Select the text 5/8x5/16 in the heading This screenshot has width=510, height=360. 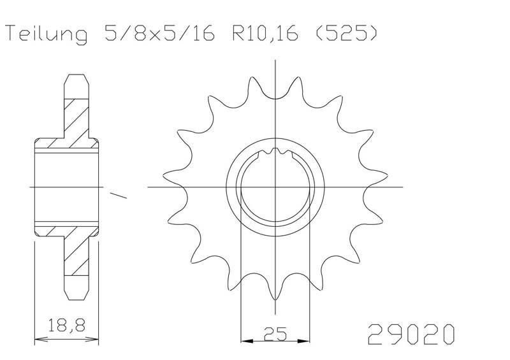(x=160, y=33)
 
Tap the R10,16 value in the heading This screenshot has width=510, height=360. (x=265, y=33)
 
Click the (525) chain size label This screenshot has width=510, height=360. (x=347, y=33)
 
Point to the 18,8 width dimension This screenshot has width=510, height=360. (x=67, y=325)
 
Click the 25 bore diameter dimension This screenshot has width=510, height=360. (x=275, y=333)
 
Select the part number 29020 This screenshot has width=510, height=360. (x=411, y=335)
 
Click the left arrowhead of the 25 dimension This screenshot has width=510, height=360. (x=247, y=341)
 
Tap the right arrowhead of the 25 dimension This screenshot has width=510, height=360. (x=304, y=341)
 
